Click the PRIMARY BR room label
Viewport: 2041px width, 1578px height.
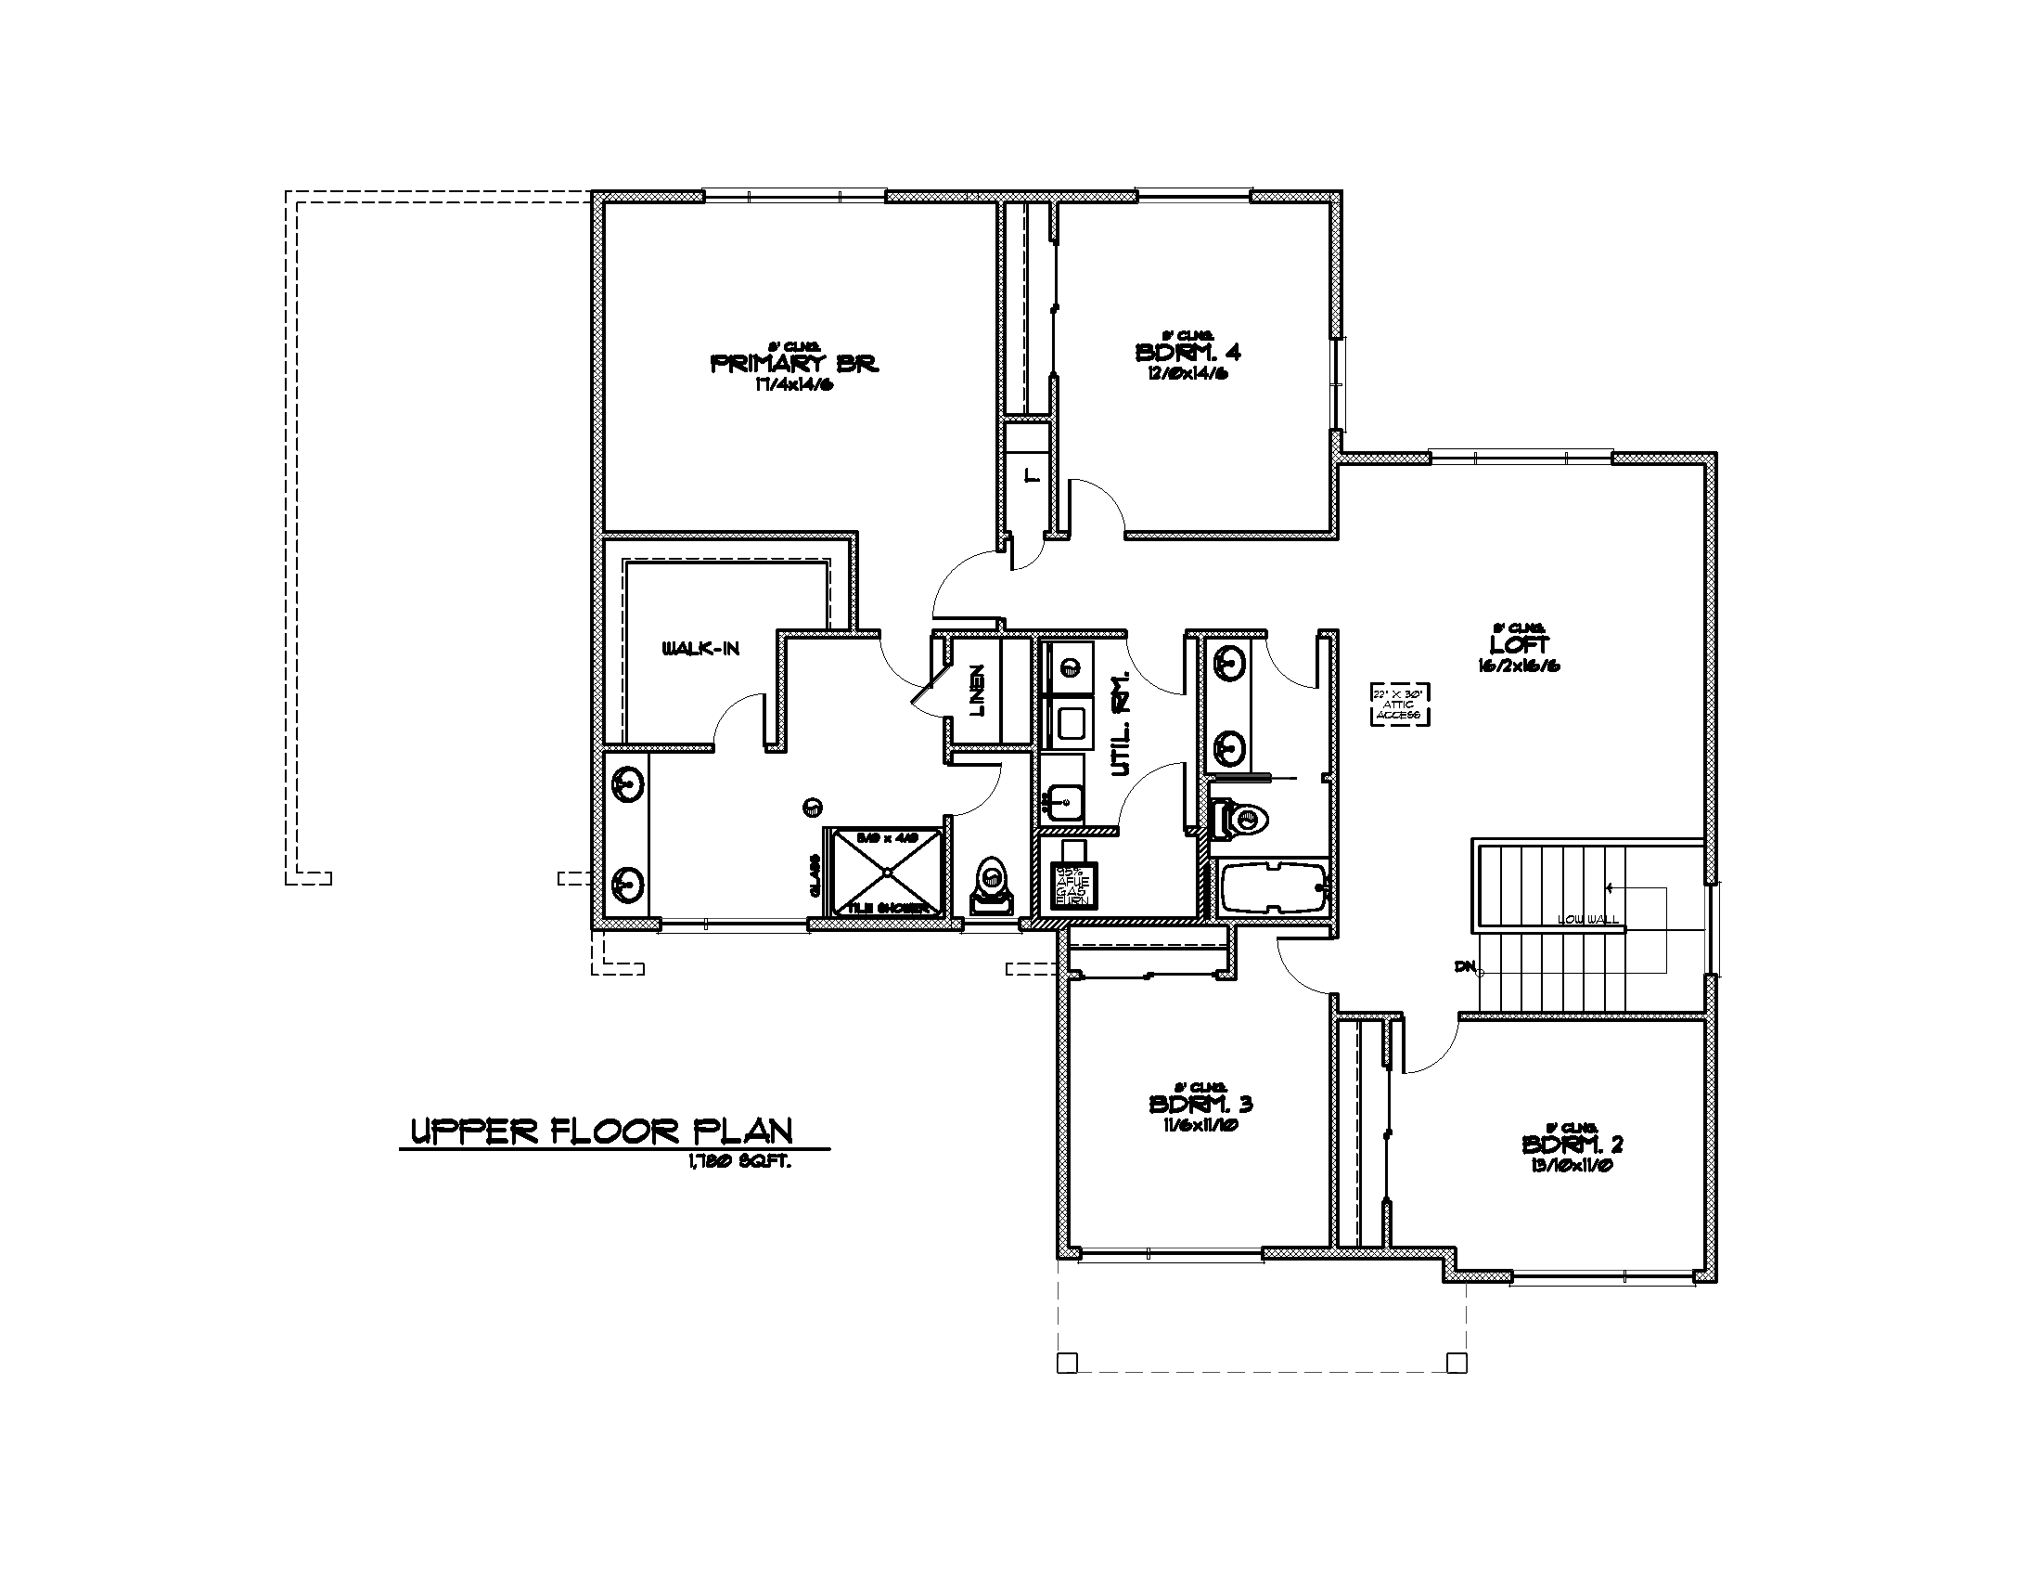tap(794, 364)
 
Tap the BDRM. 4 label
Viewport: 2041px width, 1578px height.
tap(1187, 353)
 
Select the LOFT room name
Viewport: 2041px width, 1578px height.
tap(1519, 645)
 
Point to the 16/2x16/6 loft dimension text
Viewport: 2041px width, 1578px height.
tap(1519, 666)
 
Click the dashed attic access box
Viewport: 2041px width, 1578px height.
tap(1401, 705)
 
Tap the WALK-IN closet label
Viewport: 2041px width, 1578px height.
tap(700, 649)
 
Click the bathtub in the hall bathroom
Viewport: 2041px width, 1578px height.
tap(1273, 886)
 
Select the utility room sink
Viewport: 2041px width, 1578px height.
tap(1062, 800)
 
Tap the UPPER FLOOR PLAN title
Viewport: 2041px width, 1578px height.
tap(602, 1132)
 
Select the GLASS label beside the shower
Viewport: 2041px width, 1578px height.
tap(814, 876)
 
